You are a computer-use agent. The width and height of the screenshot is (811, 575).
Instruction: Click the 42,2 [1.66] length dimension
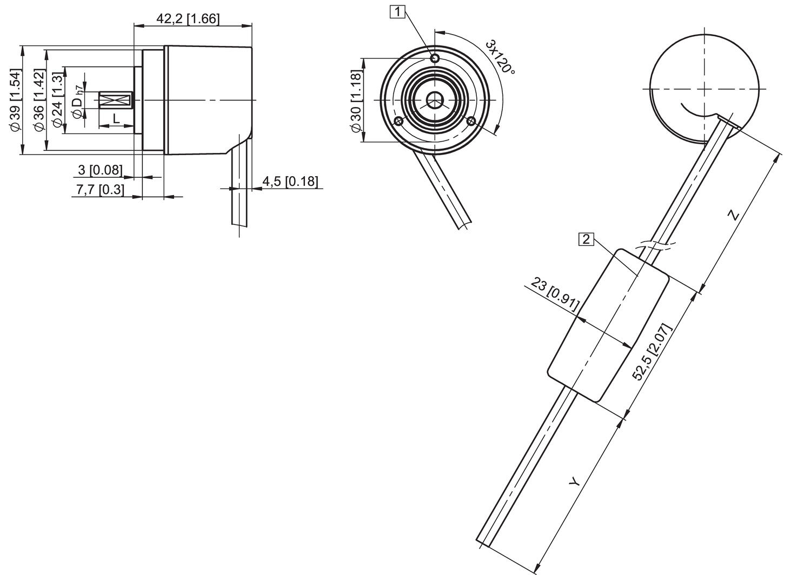pyautogui.click(x=188, y=18)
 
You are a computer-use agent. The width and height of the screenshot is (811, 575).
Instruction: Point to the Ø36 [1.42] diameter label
pyautogui.click(x=39, y=100)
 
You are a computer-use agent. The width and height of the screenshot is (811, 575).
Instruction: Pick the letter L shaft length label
pyautogui.click(x=116, y=118)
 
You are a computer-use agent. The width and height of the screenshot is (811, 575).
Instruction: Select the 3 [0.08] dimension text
pyautogui.click(x=101, y=170)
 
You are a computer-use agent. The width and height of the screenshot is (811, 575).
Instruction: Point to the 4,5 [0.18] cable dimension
pyautogui.click(x=290, y=182)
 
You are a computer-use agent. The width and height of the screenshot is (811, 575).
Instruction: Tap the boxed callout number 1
pyautogui.click(x=397, y=11)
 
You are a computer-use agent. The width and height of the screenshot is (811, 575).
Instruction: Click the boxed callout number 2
pyautogui.click(x=586, y=239)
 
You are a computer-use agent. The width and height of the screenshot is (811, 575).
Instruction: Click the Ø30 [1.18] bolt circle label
pyautogui.click(x=355, y=101)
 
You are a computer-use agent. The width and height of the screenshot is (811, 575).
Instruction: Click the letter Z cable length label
pyautogui.click(x=733, y=215)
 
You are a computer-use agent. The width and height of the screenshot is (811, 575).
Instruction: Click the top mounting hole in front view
pyautogui.click(x=434, y=58)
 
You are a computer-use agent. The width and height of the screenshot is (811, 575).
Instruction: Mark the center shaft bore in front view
pyautogui.click(x=434, y=100)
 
